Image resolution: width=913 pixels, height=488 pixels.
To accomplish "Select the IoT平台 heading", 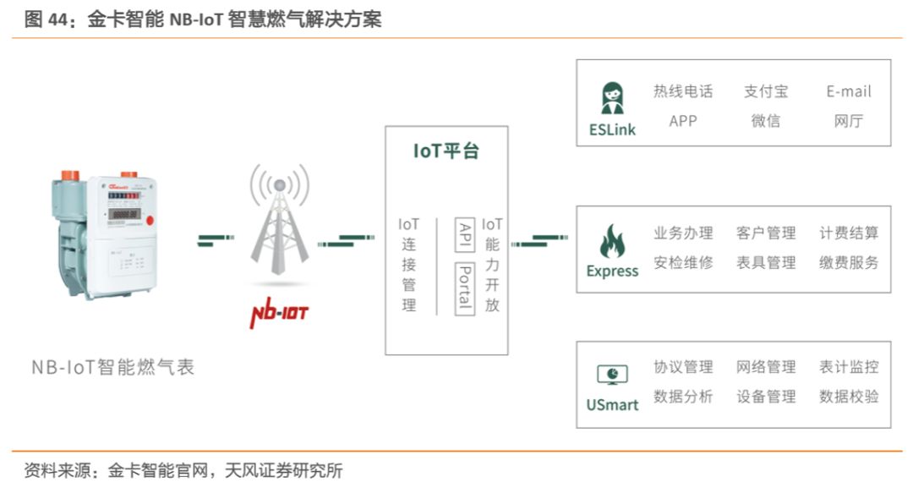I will point(446,151).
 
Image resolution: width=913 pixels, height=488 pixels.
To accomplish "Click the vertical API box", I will point(464,233).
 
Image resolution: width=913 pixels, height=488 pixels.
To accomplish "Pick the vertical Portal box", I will point(464,288).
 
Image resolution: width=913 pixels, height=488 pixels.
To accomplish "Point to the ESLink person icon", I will point(612,97).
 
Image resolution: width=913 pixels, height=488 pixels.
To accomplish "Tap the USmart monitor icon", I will point(612,374).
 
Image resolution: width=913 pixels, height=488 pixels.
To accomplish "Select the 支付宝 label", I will point(766,91).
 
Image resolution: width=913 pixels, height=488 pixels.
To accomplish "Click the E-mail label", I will point(849,91).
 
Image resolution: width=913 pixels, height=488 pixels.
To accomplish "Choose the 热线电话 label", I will point(683,91).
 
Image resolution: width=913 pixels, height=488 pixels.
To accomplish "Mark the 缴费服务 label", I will point(849,262).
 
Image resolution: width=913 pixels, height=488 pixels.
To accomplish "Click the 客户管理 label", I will point(766,233).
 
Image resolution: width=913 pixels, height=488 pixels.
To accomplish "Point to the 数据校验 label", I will point(849,396).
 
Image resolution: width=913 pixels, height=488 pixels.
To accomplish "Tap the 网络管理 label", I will point(766,367).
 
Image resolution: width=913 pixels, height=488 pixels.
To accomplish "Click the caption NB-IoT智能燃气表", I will point(113,367).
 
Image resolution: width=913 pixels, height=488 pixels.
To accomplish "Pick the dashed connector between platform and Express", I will point(539,242).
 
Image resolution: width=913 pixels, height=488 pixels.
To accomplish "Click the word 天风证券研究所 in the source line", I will point(283,471).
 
